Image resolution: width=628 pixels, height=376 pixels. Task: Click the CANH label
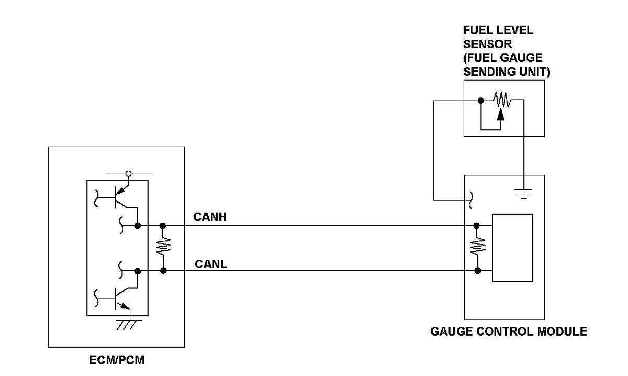click(x=210, y=217)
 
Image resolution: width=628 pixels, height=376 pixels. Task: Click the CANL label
click(x=211, y=263)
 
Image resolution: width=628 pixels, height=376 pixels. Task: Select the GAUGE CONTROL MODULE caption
click(x=508, y=331)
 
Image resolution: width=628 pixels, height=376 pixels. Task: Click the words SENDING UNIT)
click(x=507, y=72)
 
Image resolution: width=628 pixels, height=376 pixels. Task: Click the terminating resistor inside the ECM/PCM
click(x=163, y=248)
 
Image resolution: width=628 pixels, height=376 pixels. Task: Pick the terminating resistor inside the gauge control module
click(x=477, y=248)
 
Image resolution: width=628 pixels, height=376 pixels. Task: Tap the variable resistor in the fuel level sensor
click(x=501, y=99)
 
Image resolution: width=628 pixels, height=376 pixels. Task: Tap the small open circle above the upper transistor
click(x=129, y=173)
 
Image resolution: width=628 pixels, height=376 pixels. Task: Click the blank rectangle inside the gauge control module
click(x=513, y=248)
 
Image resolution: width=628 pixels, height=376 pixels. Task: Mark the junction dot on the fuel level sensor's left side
click(x=480, y=100)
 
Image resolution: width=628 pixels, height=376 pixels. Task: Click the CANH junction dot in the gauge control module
click(x=477, y=226)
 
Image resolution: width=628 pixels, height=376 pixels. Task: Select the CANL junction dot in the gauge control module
click(x=477, y=271)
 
